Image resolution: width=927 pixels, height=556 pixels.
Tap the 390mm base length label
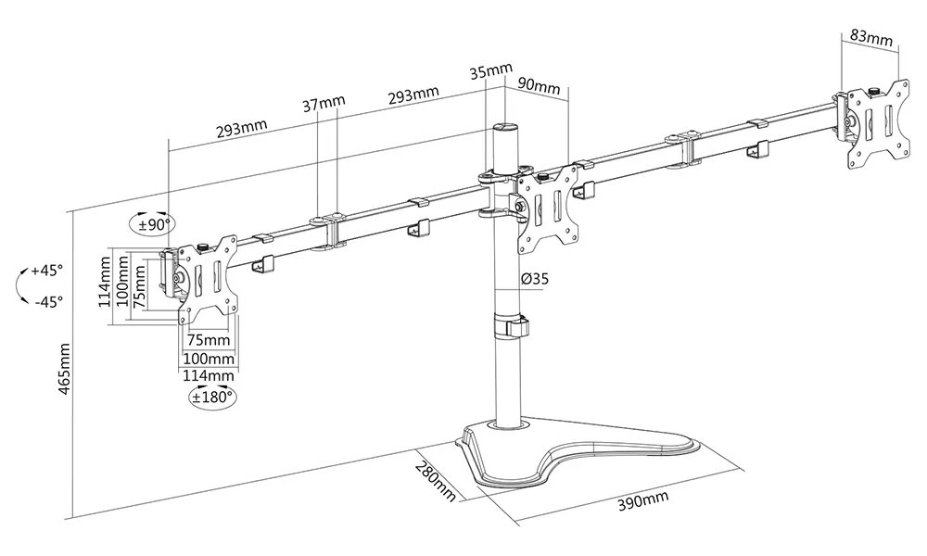(x=642, y=501)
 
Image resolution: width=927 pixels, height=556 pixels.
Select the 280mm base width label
(x=436, y=478)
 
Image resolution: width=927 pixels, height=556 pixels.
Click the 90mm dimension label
(x=538, y=87)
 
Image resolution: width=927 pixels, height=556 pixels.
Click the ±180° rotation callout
(x=211, y=397)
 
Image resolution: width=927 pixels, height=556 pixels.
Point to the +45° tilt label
(x=45, y=272)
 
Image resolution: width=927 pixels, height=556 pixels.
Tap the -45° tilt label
(x=45, y=301)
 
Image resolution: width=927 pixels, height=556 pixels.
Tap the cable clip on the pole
(x=511, y=328)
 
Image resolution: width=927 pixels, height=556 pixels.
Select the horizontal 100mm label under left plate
(x=208, y=358)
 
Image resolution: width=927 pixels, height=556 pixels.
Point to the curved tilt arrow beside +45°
(x=20, y=286)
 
